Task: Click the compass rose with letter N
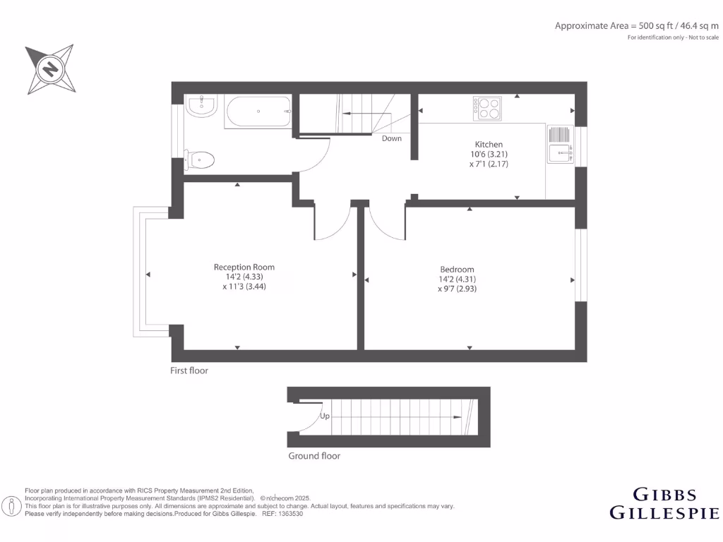click(49, 69)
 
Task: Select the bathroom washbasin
click(202, 107)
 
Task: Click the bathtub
click(258, 112)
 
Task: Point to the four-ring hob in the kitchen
click(487, 108)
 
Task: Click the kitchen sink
click(561, 152)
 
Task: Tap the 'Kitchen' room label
click(489, 144)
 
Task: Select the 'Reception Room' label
click(244, 267)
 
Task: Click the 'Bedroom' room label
click(457, 269)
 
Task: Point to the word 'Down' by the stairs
click(392, 138)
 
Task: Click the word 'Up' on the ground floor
click(325, 416)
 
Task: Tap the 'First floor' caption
click(189, 371)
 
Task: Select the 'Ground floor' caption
click(314, 456)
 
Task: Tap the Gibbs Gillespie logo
click(664, 503)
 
